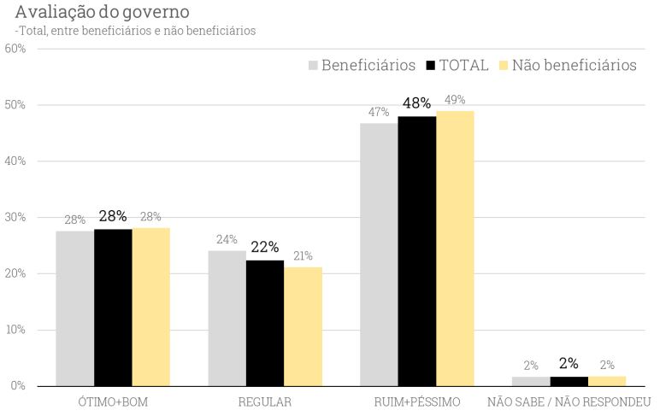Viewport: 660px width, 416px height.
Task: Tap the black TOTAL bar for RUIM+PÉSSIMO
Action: [x=416, y=251]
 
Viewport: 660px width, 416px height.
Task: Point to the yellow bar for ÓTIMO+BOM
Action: [x=150, y=307]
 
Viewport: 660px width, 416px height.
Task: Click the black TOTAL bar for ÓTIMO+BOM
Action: [x=113, y=308]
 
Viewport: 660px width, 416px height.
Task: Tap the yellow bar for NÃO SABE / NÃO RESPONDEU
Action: [x=607, y=381]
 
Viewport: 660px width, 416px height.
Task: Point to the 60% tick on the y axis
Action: [x=15, y=49]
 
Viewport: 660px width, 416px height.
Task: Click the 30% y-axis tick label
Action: [x=15, y=218]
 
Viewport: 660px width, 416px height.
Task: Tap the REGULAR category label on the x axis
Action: [x=265, y=401]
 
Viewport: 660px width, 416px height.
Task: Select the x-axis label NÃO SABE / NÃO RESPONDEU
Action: [x=569, y=401]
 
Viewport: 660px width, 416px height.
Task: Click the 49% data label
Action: [x=455, y=100]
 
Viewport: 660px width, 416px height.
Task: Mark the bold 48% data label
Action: [x=416, y=103]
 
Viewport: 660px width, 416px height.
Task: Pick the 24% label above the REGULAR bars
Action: [x=227, y=239]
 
